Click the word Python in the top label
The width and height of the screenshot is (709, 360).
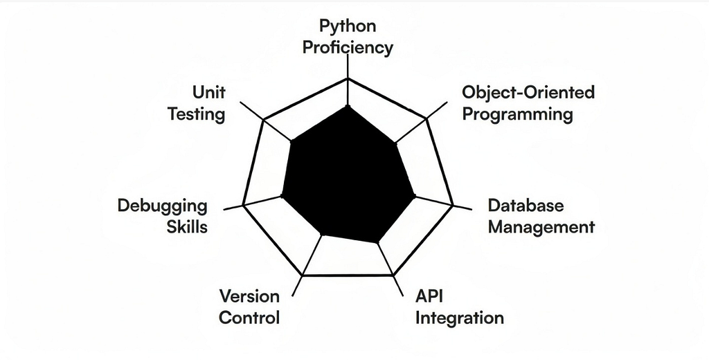click(x=348, y=27)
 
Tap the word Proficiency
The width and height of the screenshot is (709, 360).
click(x=348, y=48)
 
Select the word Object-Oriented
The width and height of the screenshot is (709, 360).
click(x=528, y=92)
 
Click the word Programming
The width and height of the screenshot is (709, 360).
click(x=517, y=114)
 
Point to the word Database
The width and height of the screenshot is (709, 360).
click(x=526, y=206)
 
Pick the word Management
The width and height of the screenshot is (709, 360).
click(x=541, y=226)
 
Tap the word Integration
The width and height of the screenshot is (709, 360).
click(x=460, y=318)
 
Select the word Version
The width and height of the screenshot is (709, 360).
click(x=249, y=297)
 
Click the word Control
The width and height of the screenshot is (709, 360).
click(x=249, y=318)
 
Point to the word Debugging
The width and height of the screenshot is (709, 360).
click(x=162, y=206)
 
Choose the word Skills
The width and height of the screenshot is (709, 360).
click(x=187, y=226)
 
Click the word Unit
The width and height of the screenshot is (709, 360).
click(x=208, y=93)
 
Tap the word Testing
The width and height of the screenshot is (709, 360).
click(x=197, y=114)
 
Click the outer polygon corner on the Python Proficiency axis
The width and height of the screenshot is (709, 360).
click(x=348, y=79)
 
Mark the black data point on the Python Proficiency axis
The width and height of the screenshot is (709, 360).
click(x=348, y=107)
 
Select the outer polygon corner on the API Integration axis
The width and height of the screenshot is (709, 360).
click(x=393, y=275)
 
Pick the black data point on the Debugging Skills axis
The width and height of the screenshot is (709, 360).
click(x=283, y=197)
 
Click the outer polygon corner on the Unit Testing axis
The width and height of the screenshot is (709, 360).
click(x=264, y=120)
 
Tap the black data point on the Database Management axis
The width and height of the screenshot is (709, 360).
click(x=414, y=197)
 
